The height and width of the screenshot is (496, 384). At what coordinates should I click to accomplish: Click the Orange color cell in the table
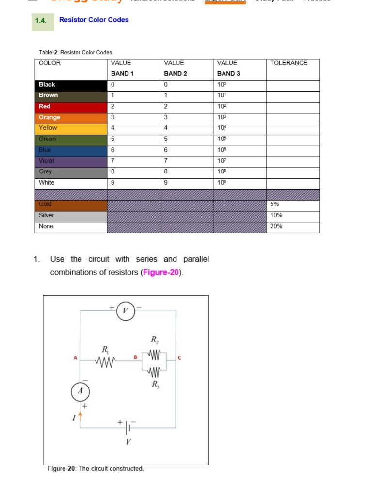click(71, 117)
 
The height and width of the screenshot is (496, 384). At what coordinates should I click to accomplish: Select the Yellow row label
click(71, 128)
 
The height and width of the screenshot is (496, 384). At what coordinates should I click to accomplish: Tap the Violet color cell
click(71, 161)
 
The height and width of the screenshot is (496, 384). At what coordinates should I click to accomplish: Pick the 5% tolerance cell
click(292, 204)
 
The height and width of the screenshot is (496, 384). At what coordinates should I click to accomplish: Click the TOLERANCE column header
click(289, 63)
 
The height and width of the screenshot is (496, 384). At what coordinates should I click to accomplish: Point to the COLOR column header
click(49, 63)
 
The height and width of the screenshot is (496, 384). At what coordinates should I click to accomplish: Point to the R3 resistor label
click(155, 386)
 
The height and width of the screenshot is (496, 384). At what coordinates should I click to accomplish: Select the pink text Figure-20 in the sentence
click(161, 272)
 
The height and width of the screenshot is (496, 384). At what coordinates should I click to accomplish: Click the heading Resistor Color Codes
click(94, 20)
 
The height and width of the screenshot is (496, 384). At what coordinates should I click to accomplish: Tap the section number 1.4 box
click(42, 21)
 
